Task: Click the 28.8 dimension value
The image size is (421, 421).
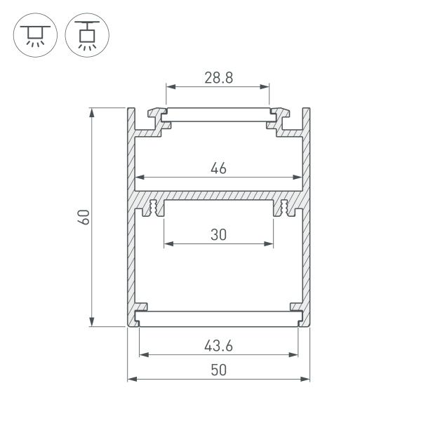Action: coord(218,78)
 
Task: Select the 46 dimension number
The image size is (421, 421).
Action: coord(218,168)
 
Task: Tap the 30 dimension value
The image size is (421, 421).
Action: coord(218,235)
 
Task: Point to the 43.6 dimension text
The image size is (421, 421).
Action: coord(218,345)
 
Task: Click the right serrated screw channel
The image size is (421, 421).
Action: coord(284,208)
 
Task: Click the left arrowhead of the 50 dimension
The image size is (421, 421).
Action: coord(131,380)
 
